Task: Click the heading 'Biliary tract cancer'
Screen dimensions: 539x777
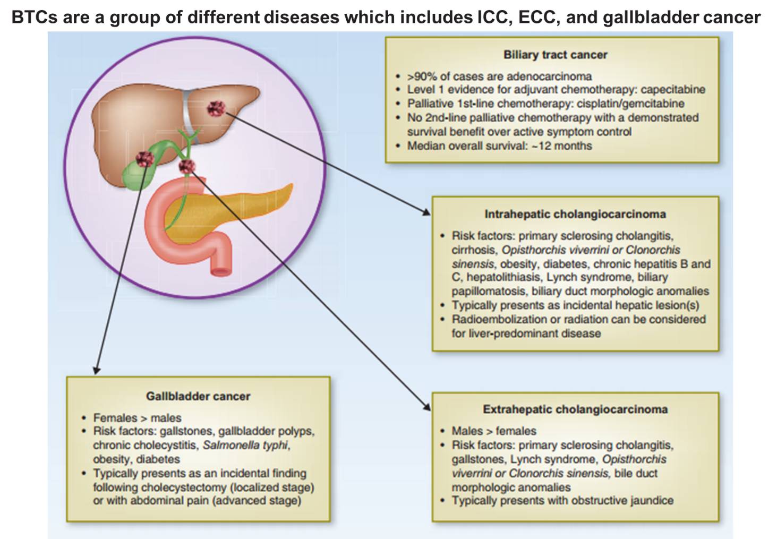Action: (555, 55)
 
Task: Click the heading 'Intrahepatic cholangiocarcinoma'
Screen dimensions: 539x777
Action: (575, 214)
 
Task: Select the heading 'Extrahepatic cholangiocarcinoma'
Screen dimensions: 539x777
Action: (575, 409)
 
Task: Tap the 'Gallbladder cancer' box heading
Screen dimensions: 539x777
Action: (198, 396)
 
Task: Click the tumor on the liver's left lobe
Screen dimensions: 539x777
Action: (216, 108)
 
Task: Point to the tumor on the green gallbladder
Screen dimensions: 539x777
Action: (144, 158)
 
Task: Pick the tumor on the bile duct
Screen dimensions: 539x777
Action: (187, 167)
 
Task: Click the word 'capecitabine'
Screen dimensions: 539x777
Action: (672, 90)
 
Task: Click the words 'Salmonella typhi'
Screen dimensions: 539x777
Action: (245, 446)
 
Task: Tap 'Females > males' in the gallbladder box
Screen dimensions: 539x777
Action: (137, 418)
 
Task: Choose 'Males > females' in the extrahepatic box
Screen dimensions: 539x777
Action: (494, 431)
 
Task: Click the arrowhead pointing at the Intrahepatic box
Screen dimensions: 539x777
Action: (426, 212)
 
